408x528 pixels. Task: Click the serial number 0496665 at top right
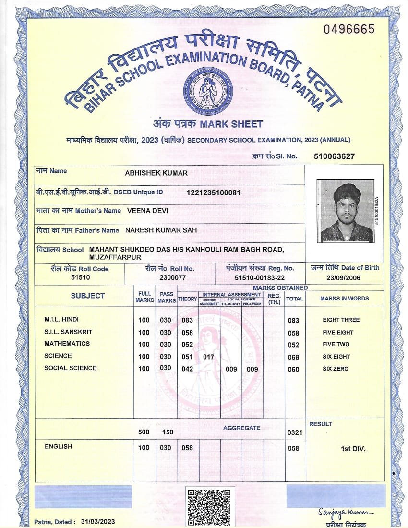348,29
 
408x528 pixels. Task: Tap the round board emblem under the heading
207,91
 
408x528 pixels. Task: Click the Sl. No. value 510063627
334,156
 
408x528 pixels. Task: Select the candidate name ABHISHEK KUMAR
156,173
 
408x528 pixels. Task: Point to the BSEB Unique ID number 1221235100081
213,192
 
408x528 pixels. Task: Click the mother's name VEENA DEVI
148,211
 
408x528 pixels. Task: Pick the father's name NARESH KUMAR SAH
161,230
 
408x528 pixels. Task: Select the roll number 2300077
173,278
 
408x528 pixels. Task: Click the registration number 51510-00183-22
260,278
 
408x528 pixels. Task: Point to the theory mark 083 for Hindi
187,320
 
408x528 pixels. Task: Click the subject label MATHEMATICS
67,344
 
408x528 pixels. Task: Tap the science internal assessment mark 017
208,357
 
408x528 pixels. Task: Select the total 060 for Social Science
293,369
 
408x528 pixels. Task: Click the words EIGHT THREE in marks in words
341,320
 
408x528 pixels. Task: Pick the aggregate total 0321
295,432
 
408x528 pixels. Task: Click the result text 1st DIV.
353,449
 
